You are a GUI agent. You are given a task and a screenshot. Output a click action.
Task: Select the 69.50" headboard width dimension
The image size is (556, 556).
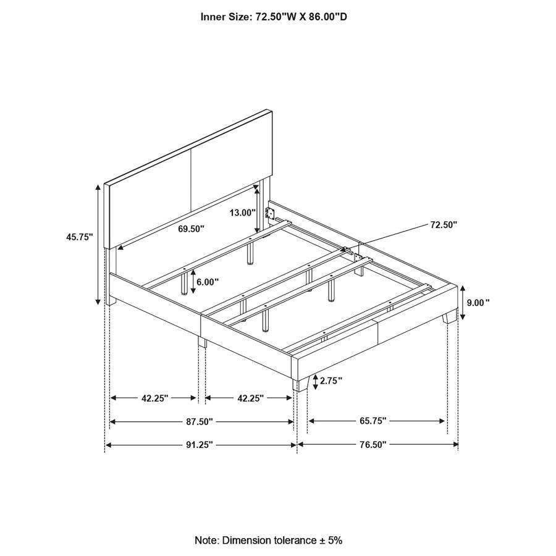(x=191, y=229)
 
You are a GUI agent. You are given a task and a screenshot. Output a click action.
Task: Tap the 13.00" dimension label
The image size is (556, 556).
(x=242, y=213)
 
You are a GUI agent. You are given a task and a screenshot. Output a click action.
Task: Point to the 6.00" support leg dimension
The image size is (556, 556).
(x=208, y=282)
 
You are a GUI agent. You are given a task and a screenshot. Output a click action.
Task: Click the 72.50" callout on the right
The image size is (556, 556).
(x=444, y=225)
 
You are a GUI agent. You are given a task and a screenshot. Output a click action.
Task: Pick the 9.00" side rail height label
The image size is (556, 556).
(x=478, y=303)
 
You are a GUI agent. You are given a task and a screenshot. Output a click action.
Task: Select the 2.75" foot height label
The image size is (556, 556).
(x=331, y=381)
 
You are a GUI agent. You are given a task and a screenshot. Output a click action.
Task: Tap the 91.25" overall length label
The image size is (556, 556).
(x=200, y=444)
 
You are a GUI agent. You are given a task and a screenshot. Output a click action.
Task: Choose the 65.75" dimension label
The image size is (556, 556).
(x=373, y=421)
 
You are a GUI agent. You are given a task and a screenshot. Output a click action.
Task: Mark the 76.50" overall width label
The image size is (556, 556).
(x=373, y=444)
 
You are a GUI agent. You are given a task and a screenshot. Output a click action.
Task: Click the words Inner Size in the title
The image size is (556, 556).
(x=223, y=17)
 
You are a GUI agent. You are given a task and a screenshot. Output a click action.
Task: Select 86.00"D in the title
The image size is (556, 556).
(x=327, y=17)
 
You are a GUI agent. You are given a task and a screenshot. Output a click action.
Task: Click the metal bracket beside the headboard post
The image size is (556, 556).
(x=269, y=213)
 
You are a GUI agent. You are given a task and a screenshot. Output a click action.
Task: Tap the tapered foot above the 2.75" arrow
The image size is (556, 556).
(x=301, y=384)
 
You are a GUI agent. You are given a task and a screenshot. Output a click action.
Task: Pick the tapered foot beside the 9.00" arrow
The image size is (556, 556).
(x=448, y=314)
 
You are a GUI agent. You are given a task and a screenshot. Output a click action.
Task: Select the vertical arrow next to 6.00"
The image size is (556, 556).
(x=193, y=282)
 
